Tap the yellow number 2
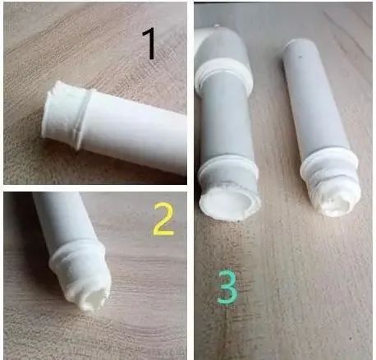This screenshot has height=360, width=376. (x=163, y=219)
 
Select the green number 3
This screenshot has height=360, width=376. (x=227, y=287)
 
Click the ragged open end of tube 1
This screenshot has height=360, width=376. (x=48, y=109)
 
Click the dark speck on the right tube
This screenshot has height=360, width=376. (x=300, y=57)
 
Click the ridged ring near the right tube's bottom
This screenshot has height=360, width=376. (x=329, y=165)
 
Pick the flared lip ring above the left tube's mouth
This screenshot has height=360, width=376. (x=227, y=169)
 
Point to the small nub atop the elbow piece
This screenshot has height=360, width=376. (x=217, y=26)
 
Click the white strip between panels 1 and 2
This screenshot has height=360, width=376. (x=95, y=188)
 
